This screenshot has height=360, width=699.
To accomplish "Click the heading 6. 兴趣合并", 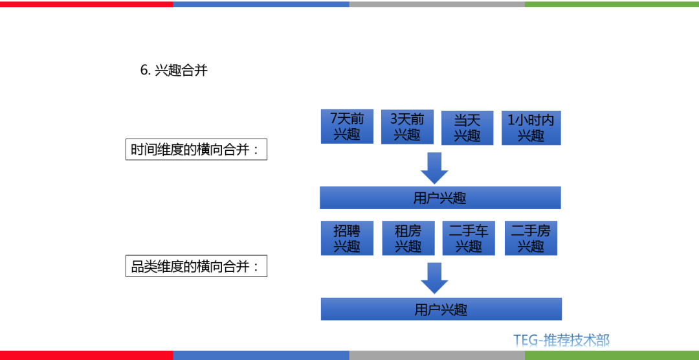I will (x=173, y=71).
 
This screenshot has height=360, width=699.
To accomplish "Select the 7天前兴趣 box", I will (x=347, y=127).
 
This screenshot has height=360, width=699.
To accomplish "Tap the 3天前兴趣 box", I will (x=407, y=127).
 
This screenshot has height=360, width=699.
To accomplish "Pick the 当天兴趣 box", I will (x=467, y=128).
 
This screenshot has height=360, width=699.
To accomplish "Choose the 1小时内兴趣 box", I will (x=531, y=128).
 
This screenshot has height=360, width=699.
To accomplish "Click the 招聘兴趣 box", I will (x=347, y=238).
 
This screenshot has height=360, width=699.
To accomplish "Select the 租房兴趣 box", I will (x=408, y=238).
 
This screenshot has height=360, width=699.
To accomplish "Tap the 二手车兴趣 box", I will (x=469, y=238).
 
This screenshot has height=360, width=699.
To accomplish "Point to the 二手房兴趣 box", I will (x=531, y=238).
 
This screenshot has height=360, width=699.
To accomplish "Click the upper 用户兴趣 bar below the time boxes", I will (x=440, y=198).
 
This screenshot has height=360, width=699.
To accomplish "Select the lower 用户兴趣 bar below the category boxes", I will (x=441, y=309).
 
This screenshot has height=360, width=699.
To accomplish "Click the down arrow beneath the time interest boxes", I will (x=434, y=168).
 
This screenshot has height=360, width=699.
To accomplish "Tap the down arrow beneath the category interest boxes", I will (x=434, y=278).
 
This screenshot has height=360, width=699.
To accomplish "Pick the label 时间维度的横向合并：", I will (x=196, y=150).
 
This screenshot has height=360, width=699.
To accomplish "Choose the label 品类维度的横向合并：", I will (x=196, y=266).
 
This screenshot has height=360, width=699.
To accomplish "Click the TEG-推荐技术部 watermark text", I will (x=561, y=340).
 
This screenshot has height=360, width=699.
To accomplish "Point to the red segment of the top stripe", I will (x=86, y=4).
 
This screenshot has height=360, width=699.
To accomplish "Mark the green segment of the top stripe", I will (x=612, y=4).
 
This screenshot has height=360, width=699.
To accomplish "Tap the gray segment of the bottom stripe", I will (x=437, y=355).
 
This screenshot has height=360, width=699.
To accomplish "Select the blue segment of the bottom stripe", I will (x=261, y=355).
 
